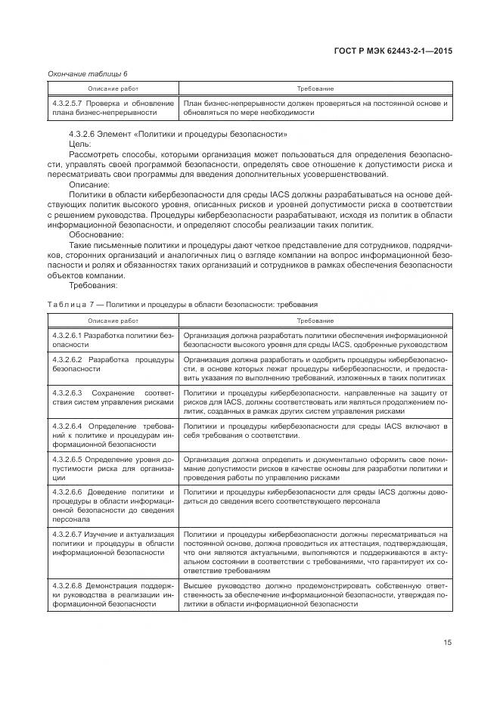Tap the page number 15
coord(448,643)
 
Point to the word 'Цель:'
coord(80,144)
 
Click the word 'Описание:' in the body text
coord(89,184)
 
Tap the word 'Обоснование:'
coord(94,234)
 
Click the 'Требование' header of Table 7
coord(315,321)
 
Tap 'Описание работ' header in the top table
coord(112,89)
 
